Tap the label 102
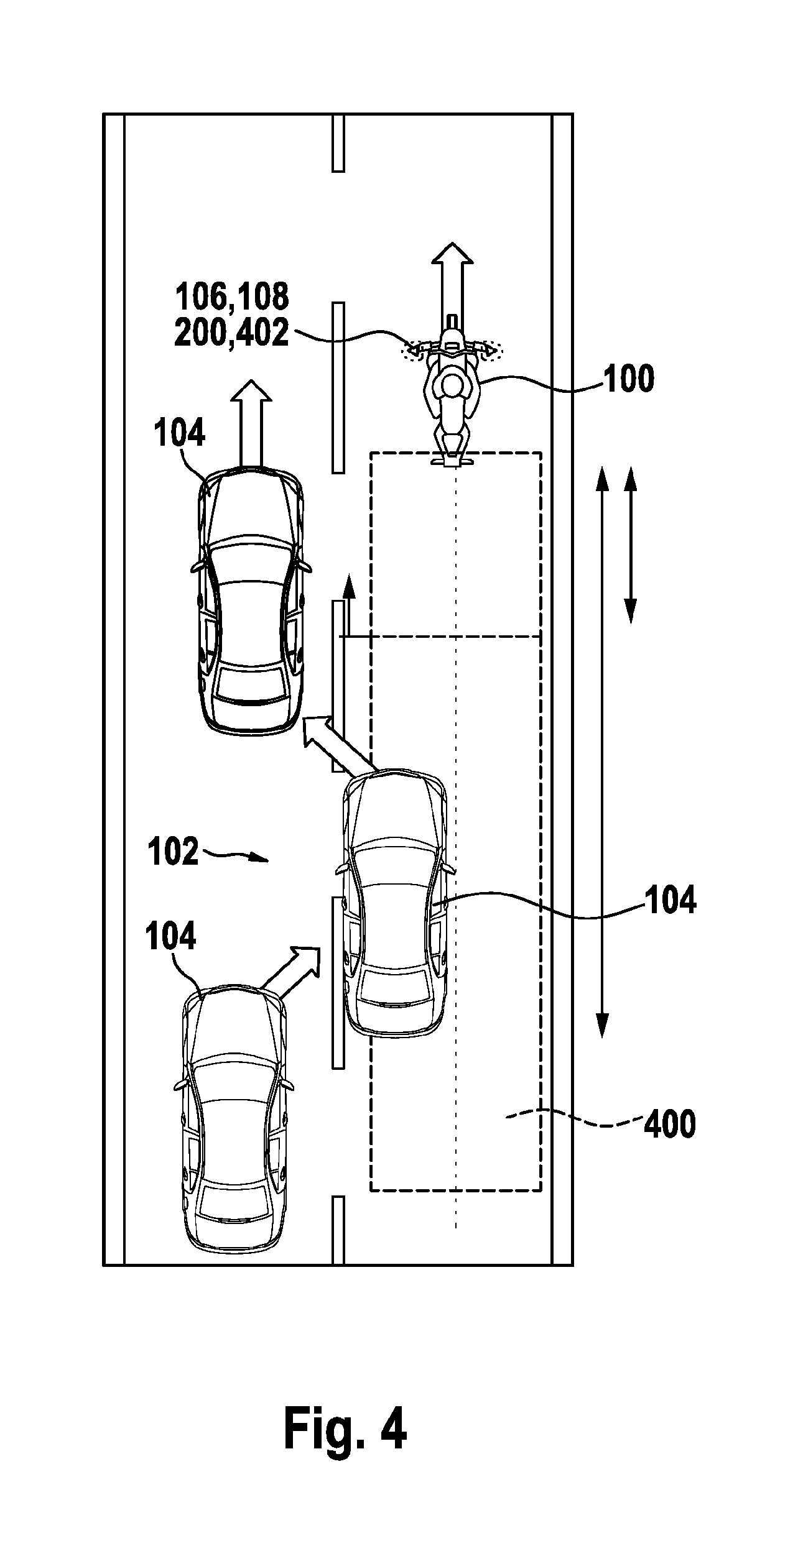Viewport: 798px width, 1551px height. click(x=174, y=852)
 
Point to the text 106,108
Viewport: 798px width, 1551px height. click(x=232, y=297)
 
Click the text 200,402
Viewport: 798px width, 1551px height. click(x=231, y=334)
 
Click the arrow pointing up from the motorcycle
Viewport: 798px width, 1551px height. click(x=452, y=280)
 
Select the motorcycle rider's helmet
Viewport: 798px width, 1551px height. click(x=452, y=386)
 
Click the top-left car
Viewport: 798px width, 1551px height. click(x=251, y=601)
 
